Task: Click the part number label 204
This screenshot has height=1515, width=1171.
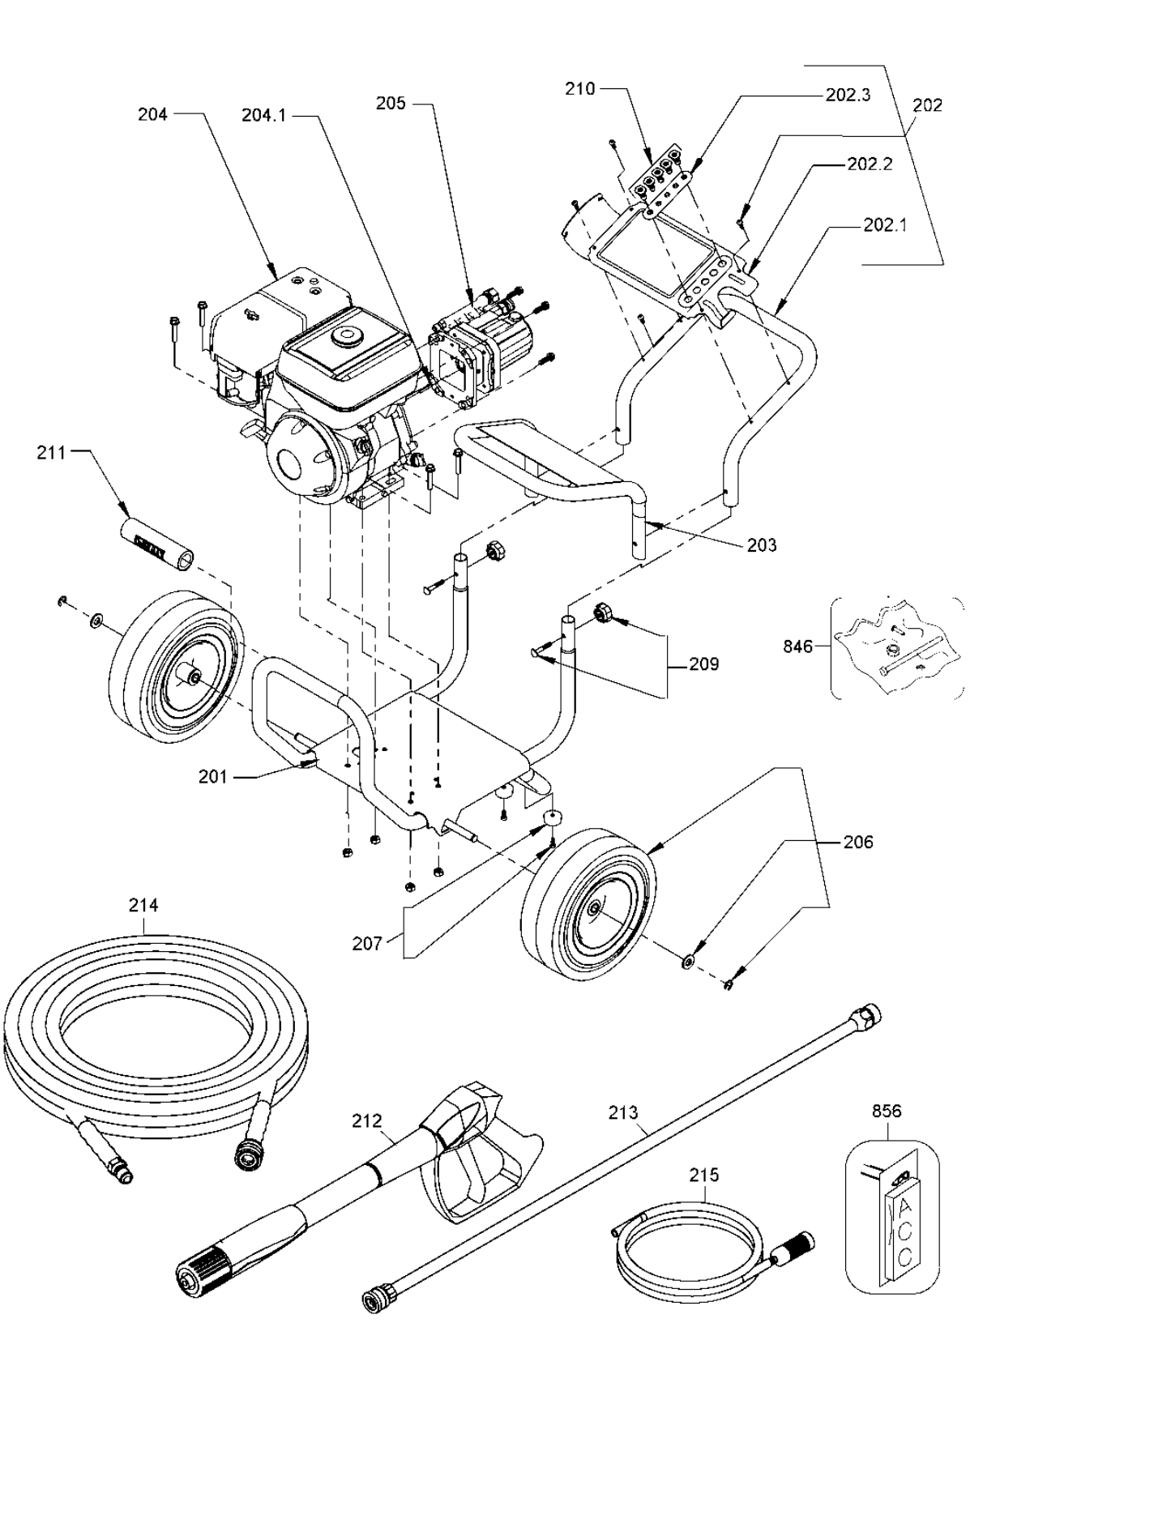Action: click(152, 115)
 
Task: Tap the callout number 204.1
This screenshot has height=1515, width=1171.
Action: click(263, 115)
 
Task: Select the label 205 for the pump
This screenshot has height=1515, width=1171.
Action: click(391, 104)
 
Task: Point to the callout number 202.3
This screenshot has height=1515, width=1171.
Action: click(848, 95)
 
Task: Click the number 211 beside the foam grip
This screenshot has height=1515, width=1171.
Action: click(51, 453)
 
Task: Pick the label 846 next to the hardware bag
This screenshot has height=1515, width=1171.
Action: click(797, 647)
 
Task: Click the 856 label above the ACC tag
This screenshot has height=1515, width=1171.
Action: click(887, 1111)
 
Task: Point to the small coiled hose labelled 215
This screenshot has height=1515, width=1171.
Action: click(689, 1248)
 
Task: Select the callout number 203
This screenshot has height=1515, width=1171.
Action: click(762, 545)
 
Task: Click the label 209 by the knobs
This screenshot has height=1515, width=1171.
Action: click(703, 664)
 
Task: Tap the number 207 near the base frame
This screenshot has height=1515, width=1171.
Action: click(366, 943)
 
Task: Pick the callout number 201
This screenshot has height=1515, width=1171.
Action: click(213, 777)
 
